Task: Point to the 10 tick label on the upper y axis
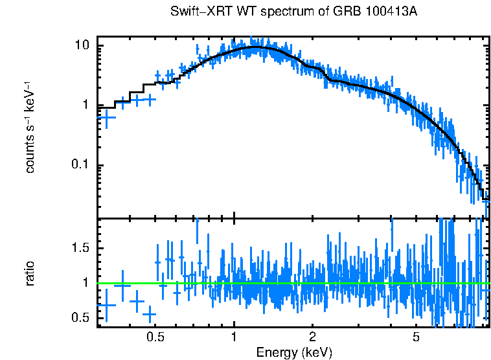coord(82,46)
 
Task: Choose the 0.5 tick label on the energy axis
coord(155,337)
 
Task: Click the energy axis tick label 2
coord(312,337)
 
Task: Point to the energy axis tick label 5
coord(416,337)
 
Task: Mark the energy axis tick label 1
coord(234,337)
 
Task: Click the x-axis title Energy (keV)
coord(294,352)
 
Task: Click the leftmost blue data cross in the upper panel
coord(106,117)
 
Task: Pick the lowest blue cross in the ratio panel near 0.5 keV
coord(150,315)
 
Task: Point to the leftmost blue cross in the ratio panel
coord(106,304)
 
